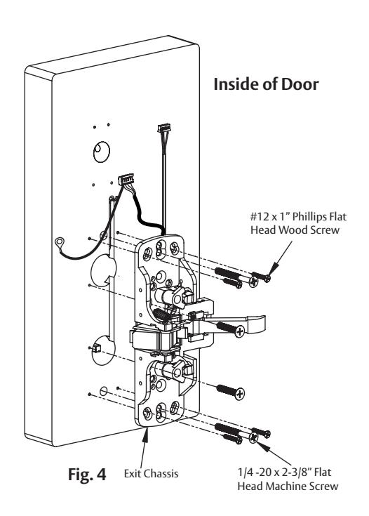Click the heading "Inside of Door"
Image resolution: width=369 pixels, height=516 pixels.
click(266, 84)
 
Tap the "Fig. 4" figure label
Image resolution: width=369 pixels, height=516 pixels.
click(87, 474)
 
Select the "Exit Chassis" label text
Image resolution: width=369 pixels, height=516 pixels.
click(152, 474)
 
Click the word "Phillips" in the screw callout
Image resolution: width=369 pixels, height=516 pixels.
click(309, 217)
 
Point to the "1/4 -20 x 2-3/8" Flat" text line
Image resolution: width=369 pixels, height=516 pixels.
click(285, 472)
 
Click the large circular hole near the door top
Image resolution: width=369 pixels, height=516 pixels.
click(101, 152)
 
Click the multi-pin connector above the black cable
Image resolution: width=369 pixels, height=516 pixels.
click(126, 179)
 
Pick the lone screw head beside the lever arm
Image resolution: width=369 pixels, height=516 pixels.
click(240, 331)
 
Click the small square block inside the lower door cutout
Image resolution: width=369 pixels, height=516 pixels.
click(97, 348)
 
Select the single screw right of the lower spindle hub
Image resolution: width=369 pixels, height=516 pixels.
click(231, 392)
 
